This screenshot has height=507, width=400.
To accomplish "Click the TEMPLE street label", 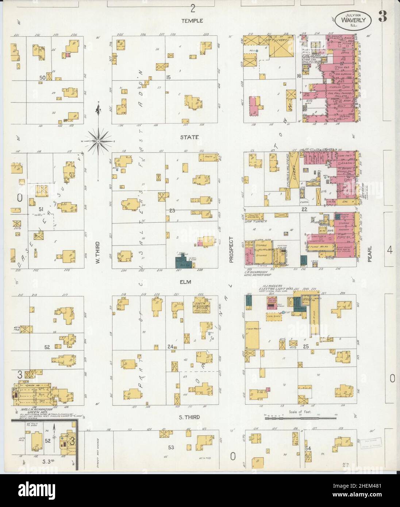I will pos(192,21).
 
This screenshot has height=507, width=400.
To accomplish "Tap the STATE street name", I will pos(189,137).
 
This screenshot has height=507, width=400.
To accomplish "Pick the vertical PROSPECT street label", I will pos(231,249).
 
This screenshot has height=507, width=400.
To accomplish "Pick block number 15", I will pos(168,77).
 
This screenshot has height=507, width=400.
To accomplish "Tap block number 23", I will pos(172,210).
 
